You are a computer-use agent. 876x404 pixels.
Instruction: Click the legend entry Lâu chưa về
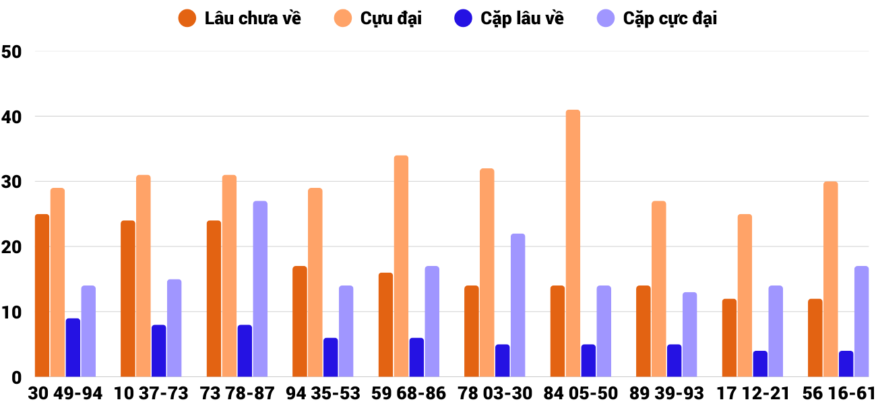tap(239, 18)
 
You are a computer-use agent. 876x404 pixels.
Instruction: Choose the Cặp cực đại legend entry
tap(656, 18)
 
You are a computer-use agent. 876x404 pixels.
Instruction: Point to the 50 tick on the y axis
tap(12, 52)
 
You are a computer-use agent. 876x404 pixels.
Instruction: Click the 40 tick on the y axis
tap(12, 117)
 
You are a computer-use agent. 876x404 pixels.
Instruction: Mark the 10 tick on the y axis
tap(12, 312)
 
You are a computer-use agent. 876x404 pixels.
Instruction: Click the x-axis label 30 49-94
tap(65, 393)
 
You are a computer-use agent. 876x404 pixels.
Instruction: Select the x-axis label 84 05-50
tap(581, 393)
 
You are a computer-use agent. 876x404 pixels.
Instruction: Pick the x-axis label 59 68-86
tap(409, 393)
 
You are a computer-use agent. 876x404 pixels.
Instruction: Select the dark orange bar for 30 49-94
tap(42, 296)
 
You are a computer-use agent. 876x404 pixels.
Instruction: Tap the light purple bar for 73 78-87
tap(260, 289)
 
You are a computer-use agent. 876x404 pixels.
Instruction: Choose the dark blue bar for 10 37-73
tap(159, 351)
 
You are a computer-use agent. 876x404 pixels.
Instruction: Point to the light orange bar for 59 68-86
tap(401, 266)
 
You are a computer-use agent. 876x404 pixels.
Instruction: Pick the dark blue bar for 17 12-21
tap(760, 364)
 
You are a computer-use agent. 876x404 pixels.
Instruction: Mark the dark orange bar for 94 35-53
tap(300, 322)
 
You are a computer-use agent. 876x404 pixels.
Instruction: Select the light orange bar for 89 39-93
tap(658, 289)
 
